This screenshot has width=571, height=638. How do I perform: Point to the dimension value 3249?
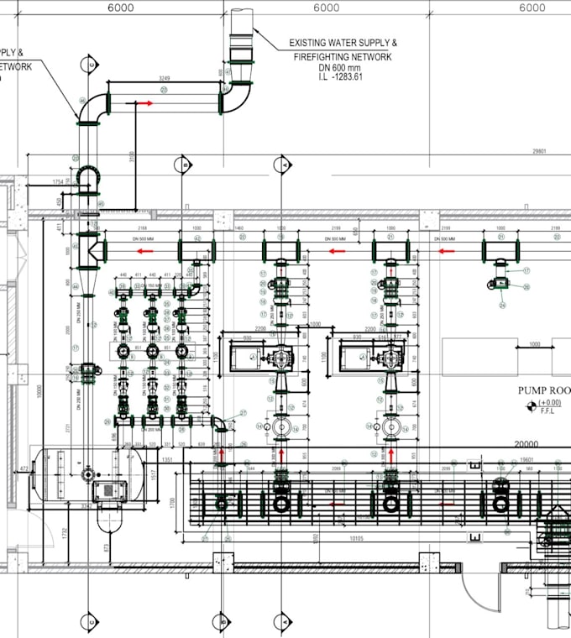pos(165,78)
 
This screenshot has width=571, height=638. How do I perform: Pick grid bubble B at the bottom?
pos(222,621)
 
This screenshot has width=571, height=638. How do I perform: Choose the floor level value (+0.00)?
pos(549,402)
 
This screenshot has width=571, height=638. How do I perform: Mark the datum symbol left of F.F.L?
pos(530,406)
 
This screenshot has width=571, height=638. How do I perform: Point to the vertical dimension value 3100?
pos(133,157)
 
